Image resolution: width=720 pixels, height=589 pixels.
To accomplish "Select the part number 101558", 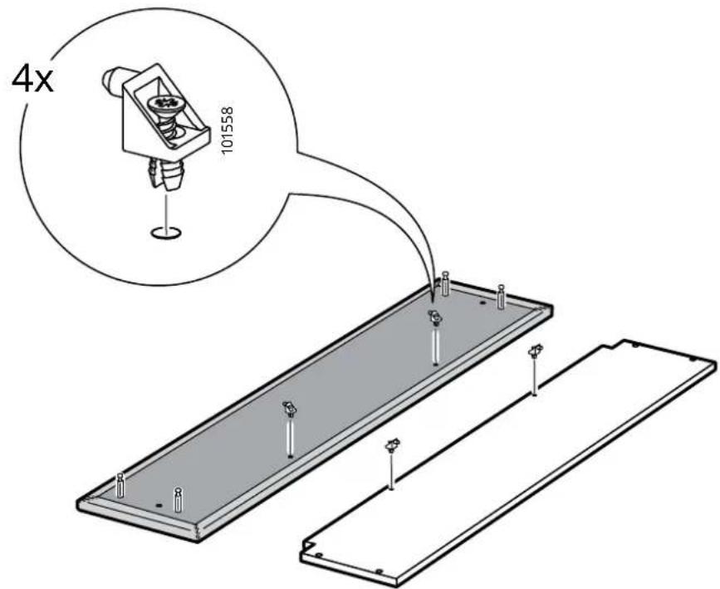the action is pos(228,130).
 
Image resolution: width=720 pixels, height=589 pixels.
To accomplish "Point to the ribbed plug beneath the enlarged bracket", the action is pos(167,174).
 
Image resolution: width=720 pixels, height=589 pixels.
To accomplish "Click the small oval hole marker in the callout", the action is pos(166,233).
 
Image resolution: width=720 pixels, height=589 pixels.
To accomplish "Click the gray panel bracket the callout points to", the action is pos(435,317).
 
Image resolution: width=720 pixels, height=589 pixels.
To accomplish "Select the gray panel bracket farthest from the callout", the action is pos(289,407).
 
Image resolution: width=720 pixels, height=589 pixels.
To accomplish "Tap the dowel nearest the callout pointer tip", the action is pos(444,284).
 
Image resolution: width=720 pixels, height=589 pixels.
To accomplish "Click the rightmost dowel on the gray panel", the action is pos(501,297).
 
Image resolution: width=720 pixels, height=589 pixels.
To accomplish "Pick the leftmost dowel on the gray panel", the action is pos(120,485).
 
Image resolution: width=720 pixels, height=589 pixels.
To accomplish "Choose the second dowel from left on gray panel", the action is pos(179,500).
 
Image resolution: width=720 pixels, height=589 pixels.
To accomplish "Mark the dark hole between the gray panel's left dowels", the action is pos(159,505).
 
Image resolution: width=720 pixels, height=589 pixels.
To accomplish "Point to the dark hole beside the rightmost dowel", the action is pos(482,303).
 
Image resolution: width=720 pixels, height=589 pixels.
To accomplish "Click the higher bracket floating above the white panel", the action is pos(535,352).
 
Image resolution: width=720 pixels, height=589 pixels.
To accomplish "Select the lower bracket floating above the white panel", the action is pos(392,445).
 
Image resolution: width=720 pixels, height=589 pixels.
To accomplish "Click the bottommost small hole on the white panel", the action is pos(380,571).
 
